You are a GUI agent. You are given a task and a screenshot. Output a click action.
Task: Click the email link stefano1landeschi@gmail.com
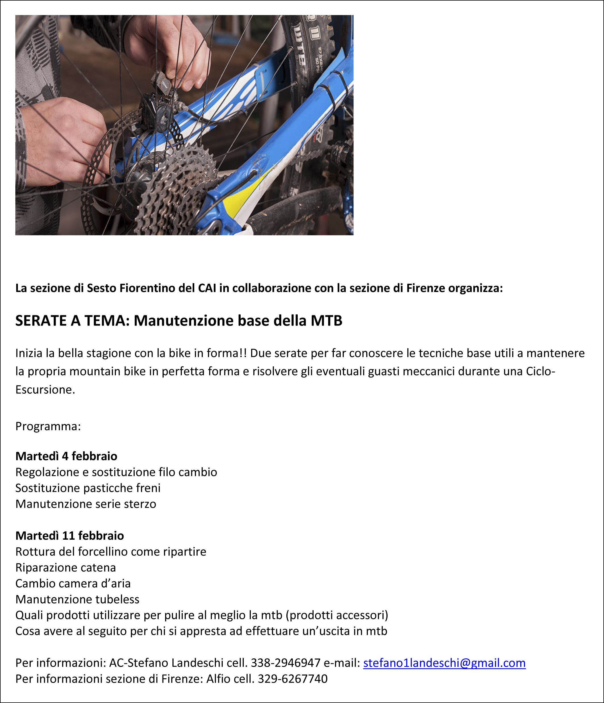click(444, 663)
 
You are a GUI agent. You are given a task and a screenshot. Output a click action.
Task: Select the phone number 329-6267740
click(293, 679)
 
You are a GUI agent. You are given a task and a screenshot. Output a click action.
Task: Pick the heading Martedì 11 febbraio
click(70, 536)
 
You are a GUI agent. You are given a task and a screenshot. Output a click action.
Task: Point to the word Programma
click(47, 426)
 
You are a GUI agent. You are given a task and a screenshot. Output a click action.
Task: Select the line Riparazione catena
click(66, 568)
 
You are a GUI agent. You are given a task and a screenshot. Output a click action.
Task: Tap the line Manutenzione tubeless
click(77, 600)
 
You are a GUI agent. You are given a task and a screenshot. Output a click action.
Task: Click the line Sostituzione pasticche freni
click(88, 488)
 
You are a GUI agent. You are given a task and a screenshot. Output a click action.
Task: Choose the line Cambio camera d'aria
click(73, 584)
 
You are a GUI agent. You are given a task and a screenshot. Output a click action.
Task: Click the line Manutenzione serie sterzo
click(86, 504)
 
